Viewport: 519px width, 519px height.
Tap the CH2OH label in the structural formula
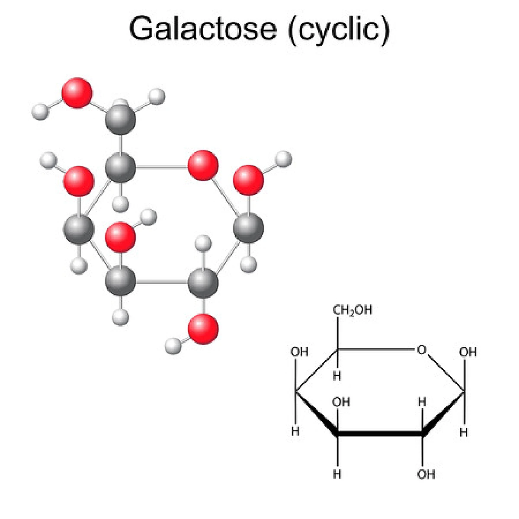352,310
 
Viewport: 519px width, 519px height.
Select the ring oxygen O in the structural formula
422,350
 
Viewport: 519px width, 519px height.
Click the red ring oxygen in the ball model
203,165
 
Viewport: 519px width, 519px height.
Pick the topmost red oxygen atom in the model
77,93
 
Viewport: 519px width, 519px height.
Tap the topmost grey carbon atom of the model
120,119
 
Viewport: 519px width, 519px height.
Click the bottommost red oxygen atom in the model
203,329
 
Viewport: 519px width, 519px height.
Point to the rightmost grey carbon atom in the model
248,228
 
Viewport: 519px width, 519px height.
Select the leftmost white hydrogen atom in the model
40,112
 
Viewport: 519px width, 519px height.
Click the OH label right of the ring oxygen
468,352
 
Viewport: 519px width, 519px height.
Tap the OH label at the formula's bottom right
426,474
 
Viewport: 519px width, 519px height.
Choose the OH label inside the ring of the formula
341,402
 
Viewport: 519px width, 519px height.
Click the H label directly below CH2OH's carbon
337,376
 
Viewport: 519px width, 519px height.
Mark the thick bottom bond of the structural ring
380,434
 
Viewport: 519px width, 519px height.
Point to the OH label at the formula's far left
299,352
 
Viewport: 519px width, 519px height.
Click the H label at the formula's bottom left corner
337,474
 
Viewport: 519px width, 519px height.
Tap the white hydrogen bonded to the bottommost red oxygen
173,346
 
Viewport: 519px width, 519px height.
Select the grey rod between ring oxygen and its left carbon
161,167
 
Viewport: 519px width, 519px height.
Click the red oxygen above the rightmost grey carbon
248,180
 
